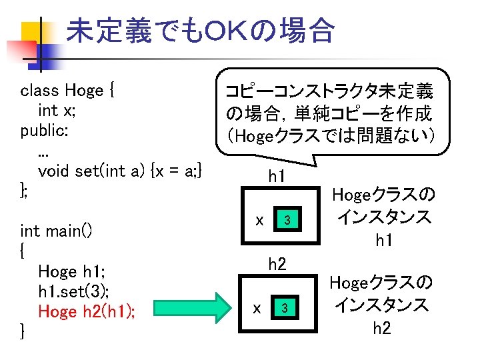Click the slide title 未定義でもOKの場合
point(200,30)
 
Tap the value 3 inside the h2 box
point(285,308)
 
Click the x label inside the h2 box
point(257,307)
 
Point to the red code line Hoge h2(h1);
point(87,311)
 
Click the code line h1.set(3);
point(73,291)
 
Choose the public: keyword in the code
point(43,130)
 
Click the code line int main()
point(56,231)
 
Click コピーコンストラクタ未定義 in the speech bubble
point(329,91)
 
